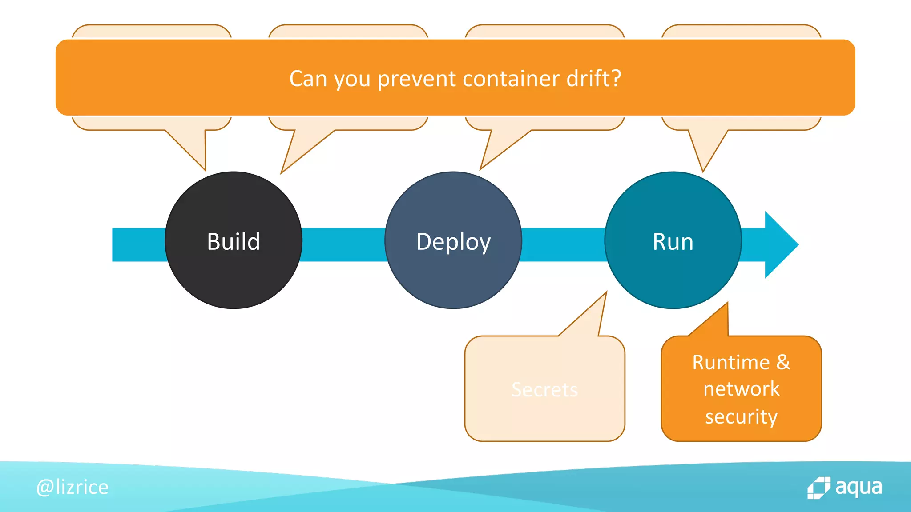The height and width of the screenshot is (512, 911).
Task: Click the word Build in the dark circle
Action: (x=234, y=242)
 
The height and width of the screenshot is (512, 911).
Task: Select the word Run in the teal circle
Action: (x=673, y=242)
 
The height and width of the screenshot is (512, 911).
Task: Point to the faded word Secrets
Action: (x=544, y=390)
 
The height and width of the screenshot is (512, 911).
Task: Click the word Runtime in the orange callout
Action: (x=731, y=363)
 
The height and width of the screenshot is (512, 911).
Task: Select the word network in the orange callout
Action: (x=741, y=389)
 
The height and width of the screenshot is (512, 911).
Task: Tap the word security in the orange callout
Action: (x=741, y=417)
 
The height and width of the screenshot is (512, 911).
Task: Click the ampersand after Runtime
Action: (x=783, y=362)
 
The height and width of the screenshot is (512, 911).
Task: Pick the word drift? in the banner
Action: (x=593, y=79)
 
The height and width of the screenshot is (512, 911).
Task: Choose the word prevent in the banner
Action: (x=417, y=79)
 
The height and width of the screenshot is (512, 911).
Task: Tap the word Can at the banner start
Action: (x=308, y=79)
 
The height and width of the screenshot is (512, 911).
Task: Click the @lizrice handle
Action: (x=73, y=488)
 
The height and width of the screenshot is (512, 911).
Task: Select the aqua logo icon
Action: (x=818, y=488)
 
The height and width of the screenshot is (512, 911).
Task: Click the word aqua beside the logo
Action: (x=859, y=487)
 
